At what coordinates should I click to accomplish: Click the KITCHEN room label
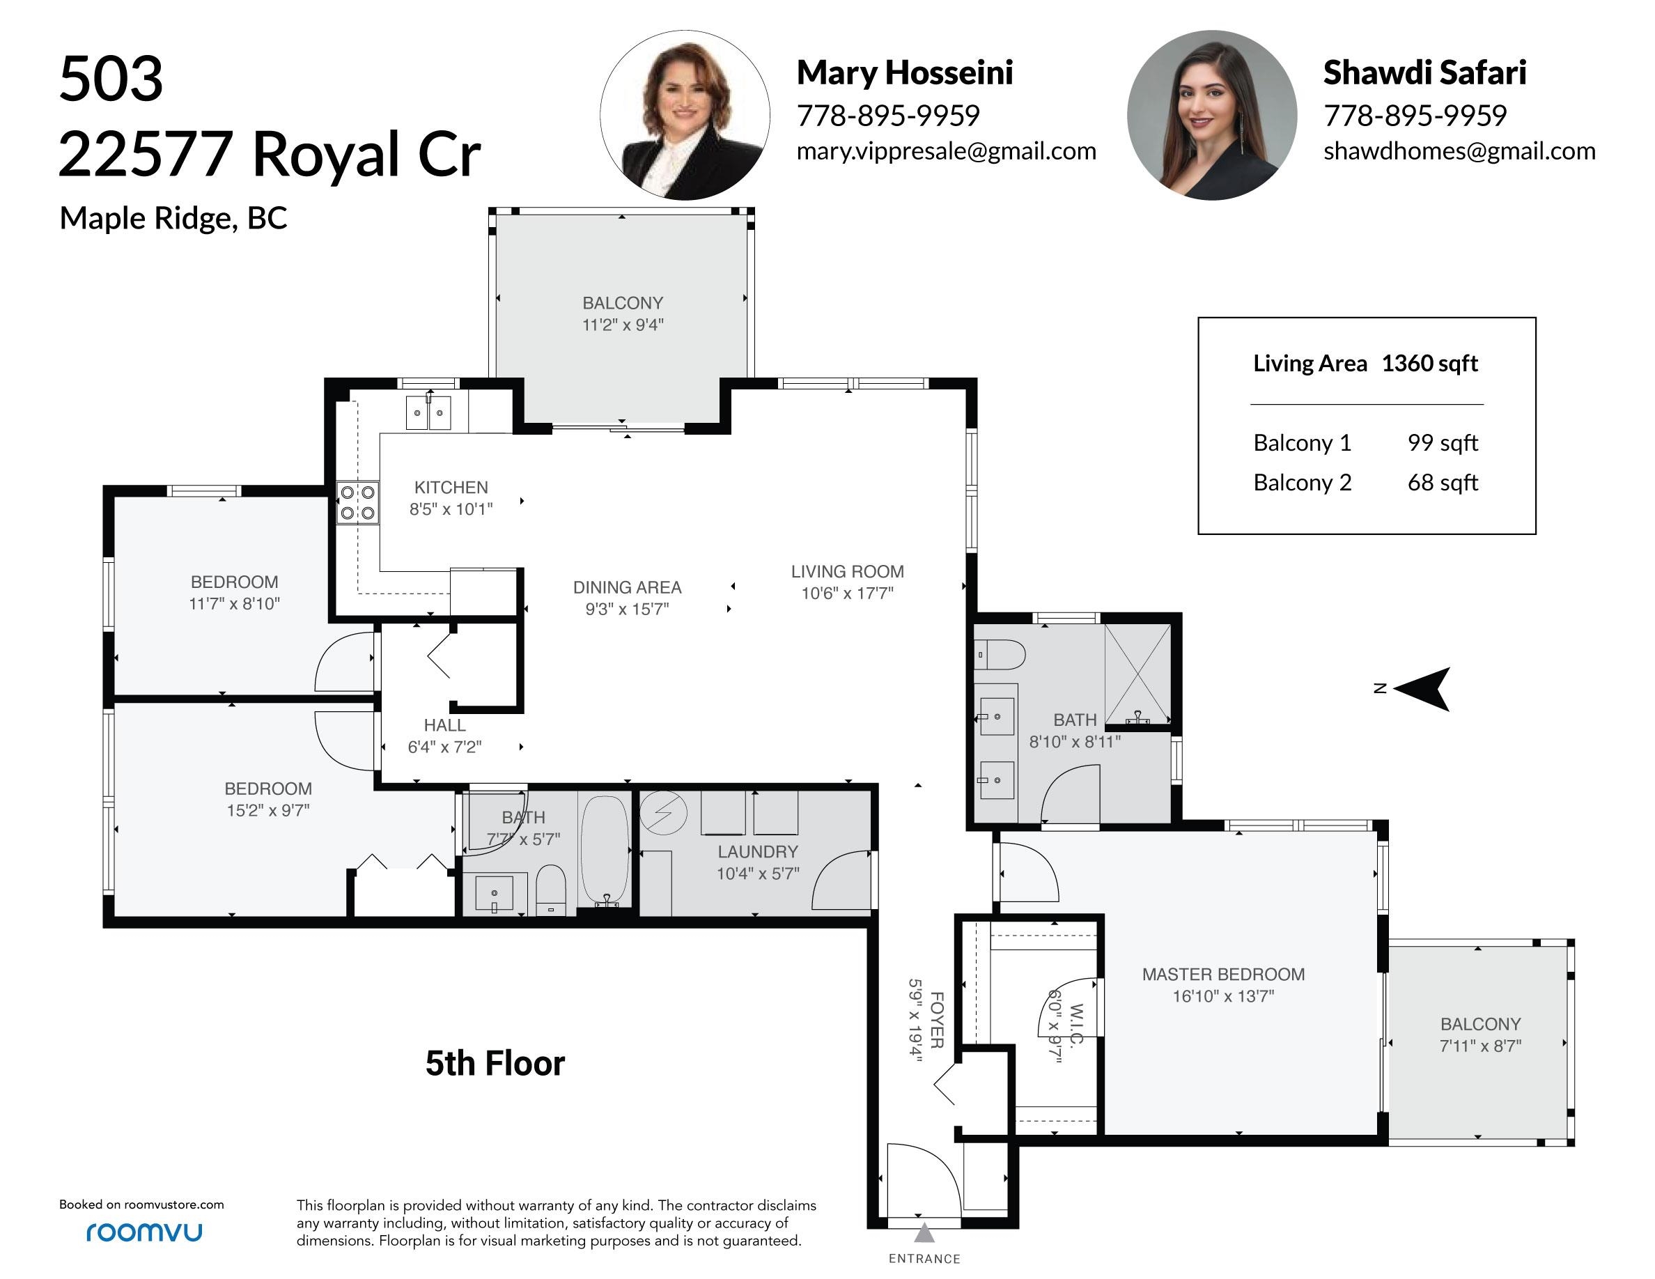coord(451,487)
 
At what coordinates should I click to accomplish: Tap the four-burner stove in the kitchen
coord(357,503)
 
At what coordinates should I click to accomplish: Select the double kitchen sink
coord(429,413)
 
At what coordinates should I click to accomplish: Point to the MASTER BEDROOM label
coord(1223,975)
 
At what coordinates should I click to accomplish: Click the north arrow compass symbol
coord(1422,689)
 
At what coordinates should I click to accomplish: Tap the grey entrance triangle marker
coord(924,1234)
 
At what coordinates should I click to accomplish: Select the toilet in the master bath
coord(1000,654)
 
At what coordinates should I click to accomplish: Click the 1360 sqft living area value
coord(1429,364)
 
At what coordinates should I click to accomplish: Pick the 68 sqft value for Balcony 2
coord(1443,483)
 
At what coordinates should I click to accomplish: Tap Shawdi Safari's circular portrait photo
coord(1212,115)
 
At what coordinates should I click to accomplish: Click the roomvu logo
coord(144,1232)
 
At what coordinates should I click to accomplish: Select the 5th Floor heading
coord(495,1063)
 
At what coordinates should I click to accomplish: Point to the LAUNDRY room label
coord(758,852)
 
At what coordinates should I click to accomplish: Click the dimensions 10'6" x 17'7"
coord(847,594)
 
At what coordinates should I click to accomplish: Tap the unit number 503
coord(111,79)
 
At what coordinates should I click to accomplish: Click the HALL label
coord(445,725)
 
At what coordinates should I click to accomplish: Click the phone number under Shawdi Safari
coord(1415,116)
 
